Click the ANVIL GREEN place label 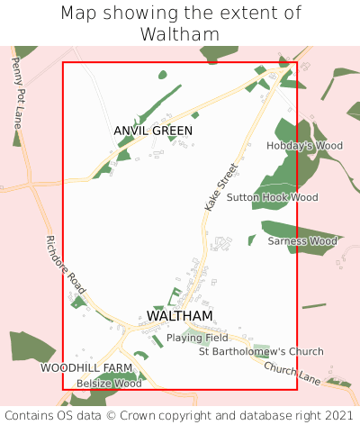pos(153,131)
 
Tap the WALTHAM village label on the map pos(179,316)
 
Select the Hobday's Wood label pos(305,145)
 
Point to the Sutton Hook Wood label pos(272,197)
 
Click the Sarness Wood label pos(302,241)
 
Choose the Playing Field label pos(197,338)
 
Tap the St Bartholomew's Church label pos(260,351)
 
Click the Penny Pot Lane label pos(18,91)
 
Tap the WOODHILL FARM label pos(86,369)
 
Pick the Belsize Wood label pos(109,384)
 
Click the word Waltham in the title pos(180,34)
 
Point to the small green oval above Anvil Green pos(162,75)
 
